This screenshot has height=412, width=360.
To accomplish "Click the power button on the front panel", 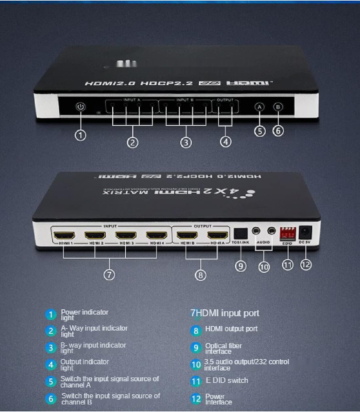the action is point(81,107).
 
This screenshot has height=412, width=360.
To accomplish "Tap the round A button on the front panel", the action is point(259,107).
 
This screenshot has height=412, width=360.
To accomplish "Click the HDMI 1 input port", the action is point(64,235).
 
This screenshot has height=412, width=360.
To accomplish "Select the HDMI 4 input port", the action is point(156,235).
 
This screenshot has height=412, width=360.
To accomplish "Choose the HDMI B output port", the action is point(187,235).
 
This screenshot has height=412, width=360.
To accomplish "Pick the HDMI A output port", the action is point(218,235).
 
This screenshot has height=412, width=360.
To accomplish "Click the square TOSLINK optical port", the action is point(241,234).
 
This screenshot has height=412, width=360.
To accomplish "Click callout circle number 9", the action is point(241,266).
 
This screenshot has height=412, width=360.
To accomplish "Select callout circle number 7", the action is point(109,274).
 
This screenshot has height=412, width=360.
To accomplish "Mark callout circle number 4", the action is point(225,142).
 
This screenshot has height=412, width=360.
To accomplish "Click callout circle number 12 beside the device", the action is point(305,264).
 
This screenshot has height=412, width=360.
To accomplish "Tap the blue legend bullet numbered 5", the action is point(51,382).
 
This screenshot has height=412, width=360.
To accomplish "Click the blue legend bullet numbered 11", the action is point(196,381).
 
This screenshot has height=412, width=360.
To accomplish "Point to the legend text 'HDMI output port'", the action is point(231,329).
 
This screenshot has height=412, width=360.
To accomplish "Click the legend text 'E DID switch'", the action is point(227,380).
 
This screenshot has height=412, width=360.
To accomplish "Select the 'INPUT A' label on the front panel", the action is point(132,100).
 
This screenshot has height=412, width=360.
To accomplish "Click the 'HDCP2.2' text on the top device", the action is point(166,83).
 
